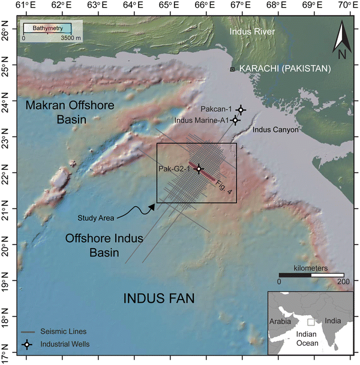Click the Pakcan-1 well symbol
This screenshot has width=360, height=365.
pyautogui.click(x=241, y=110)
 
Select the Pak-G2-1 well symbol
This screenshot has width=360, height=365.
pyautogui.click(x=199, y=169)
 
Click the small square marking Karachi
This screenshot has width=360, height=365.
pyautogui.click(x=233, y=70)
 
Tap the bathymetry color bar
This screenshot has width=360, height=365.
pyautogui.click(x=47, y=28)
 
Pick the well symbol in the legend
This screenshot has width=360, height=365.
pyautogui.click(x=26, y=345)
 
